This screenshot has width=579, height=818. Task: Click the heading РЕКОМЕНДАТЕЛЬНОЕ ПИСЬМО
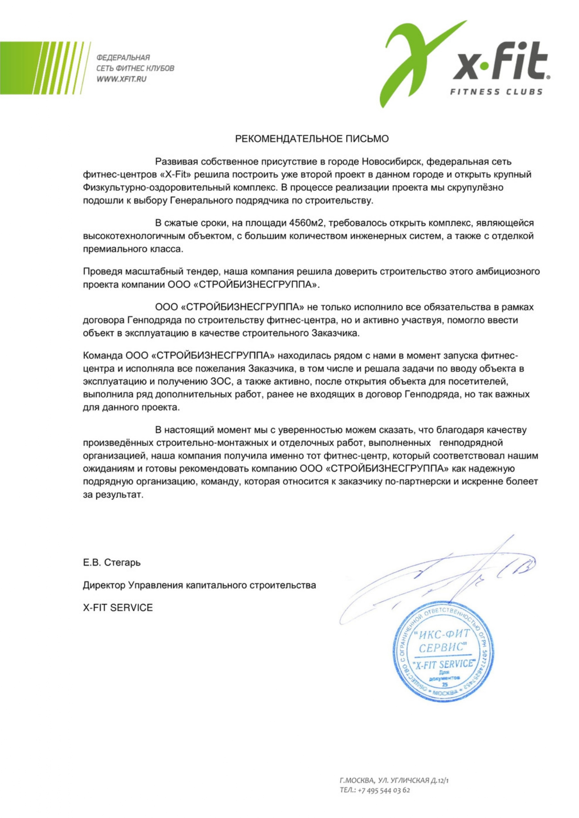coord(312,139)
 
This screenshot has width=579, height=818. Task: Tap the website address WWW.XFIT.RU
coord(121,79)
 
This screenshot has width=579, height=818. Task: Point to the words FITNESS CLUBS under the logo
coord(496,92)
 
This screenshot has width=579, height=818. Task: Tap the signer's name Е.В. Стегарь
coord(112,562)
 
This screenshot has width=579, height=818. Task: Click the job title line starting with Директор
coord(199,585)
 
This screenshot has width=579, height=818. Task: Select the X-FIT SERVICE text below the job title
coord(118,608)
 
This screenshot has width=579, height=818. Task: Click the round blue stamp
coord(443,653)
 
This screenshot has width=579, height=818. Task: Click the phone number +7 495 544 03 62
coord(384,790)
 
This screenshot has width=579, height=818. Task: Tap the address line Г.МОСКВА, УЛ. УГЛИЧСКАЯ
coord(394,780)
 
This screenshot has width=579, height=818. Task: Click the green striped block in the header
coord(42,68)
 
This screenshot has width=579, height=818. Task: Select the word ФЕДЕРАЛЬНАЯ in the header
coord(123,58)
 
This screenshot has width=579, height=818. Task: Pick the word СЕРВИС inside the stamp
coord(441,647)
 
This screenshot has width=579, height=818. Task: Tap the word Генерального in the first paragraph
coord(201,201)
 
